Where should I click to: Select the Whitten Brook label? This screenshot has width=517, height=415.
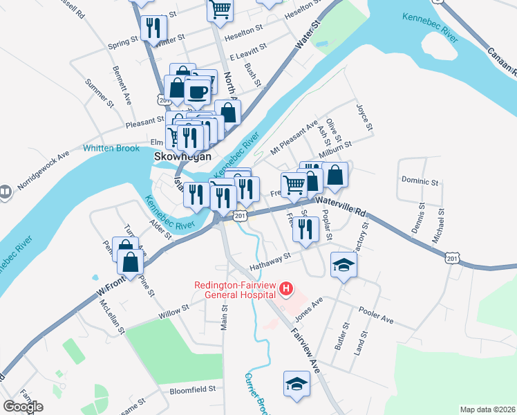tap(111, 148)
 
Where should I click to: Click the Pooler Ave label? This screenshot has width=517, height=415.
tap(375, 315)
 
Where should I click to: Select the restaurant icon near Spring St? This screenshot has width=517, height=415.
tap(153, 28)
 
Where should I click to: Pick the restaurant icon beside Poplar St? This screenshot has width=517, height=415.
tap(305, 228)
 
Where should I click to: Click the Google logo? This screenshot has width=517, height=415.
tap(23, 406)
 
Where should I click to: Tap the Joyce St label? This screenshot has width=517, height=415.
tap(364, 118)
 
